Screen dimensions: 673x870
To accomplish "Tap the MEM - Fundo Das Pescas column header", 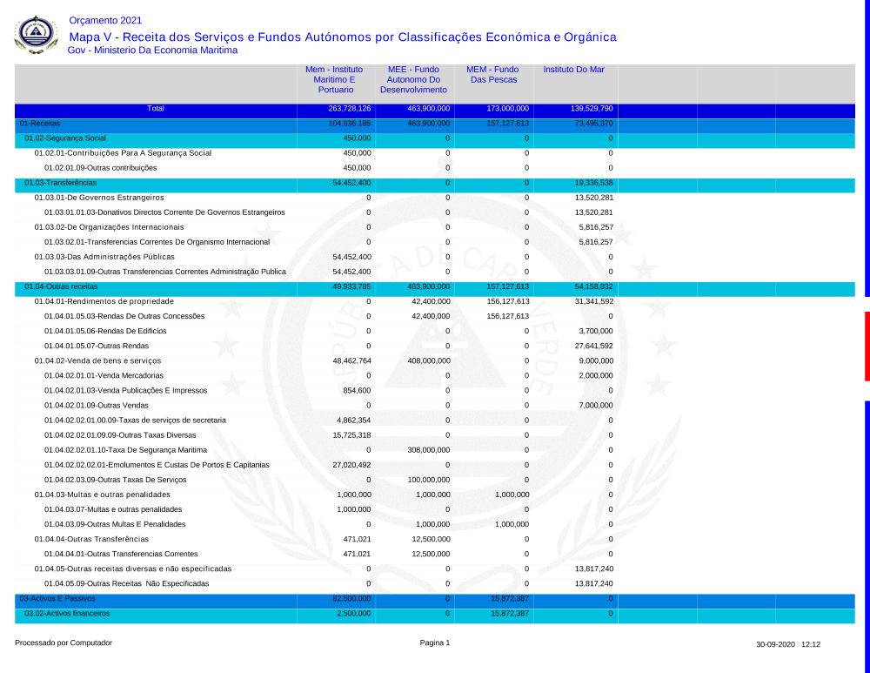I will pos(492,74).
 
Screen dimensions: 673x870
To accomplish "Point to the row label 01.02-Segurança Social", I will pos(65,138).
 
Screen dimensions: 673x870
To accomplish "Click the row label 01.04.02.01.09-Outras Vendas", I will pos(97,405).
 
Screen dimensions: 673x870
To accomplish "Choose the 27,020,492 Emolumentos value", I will pos(352,465).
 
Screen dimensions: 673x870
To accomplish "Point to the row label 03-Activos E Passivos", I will pos(57,599).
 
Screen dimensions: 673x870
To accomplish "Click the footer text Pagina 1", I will pos(435,643).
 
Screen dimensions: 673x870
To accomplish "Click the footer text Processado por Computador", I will pos(64,643).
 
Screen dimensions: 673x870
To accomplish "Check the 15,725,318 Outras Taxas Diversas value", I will pos(352,434).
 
